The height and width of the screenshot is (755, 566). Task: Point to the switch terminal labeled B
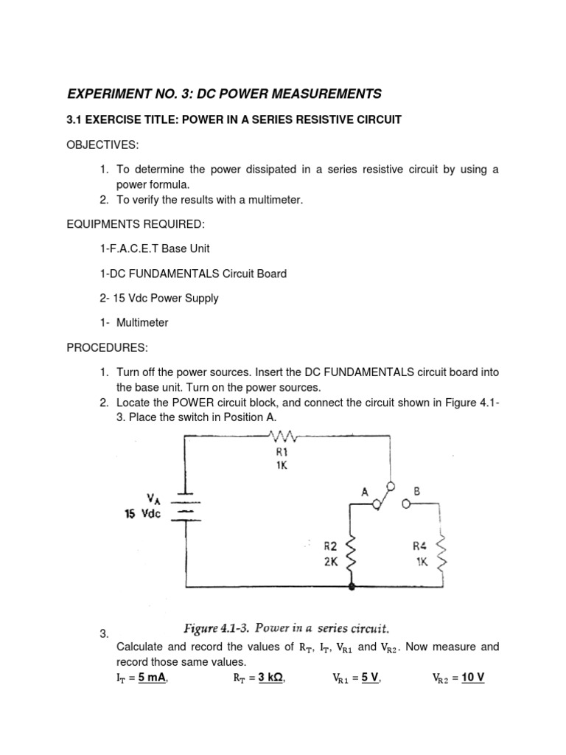(406, 504)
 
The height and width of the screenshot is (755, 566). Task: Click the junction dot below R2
(352, 588)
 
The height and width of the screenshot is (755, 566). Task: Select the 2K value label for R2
(329, 560)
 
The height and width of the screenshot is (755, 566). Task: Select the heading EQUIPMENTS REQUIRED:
(136, 223)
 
